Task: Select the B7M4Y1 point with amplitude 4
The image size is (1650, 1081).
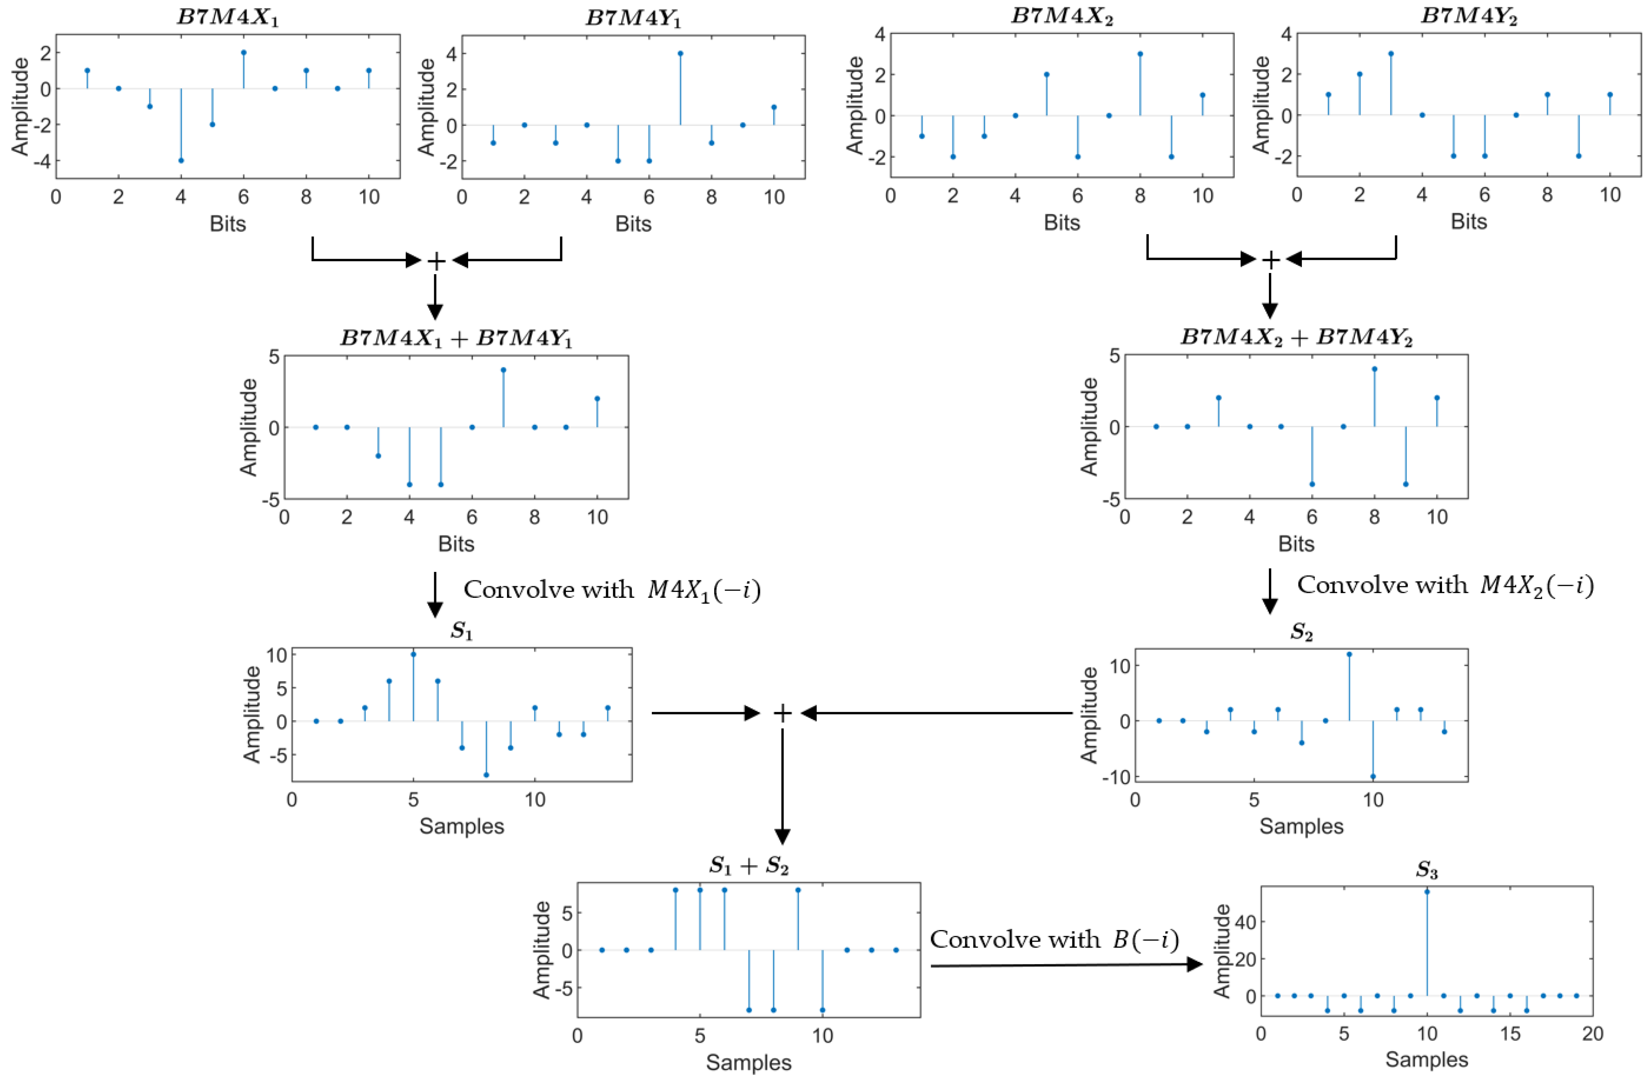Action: (680, 53)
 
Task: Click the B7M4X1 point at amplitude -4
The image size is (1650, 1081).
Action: (181, 160)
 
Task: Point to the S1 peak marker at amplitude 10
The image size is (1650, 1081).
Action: (413, 654)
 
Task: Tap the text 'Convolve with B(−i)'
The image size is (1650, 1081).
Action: (1054, 940)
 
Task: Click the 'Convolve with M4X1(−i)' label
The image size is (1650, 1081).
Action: (612, 590)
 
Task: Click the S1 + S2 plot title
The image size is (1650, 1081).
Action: (749, 865)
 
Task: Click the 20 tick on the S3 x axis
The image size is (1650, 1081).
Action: (1592, 1033)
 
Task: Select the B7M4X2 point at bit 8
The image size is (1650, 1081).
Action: (1140, 53)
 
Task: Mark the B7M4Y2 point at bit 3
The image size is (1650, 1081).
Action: (1391, 53)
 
